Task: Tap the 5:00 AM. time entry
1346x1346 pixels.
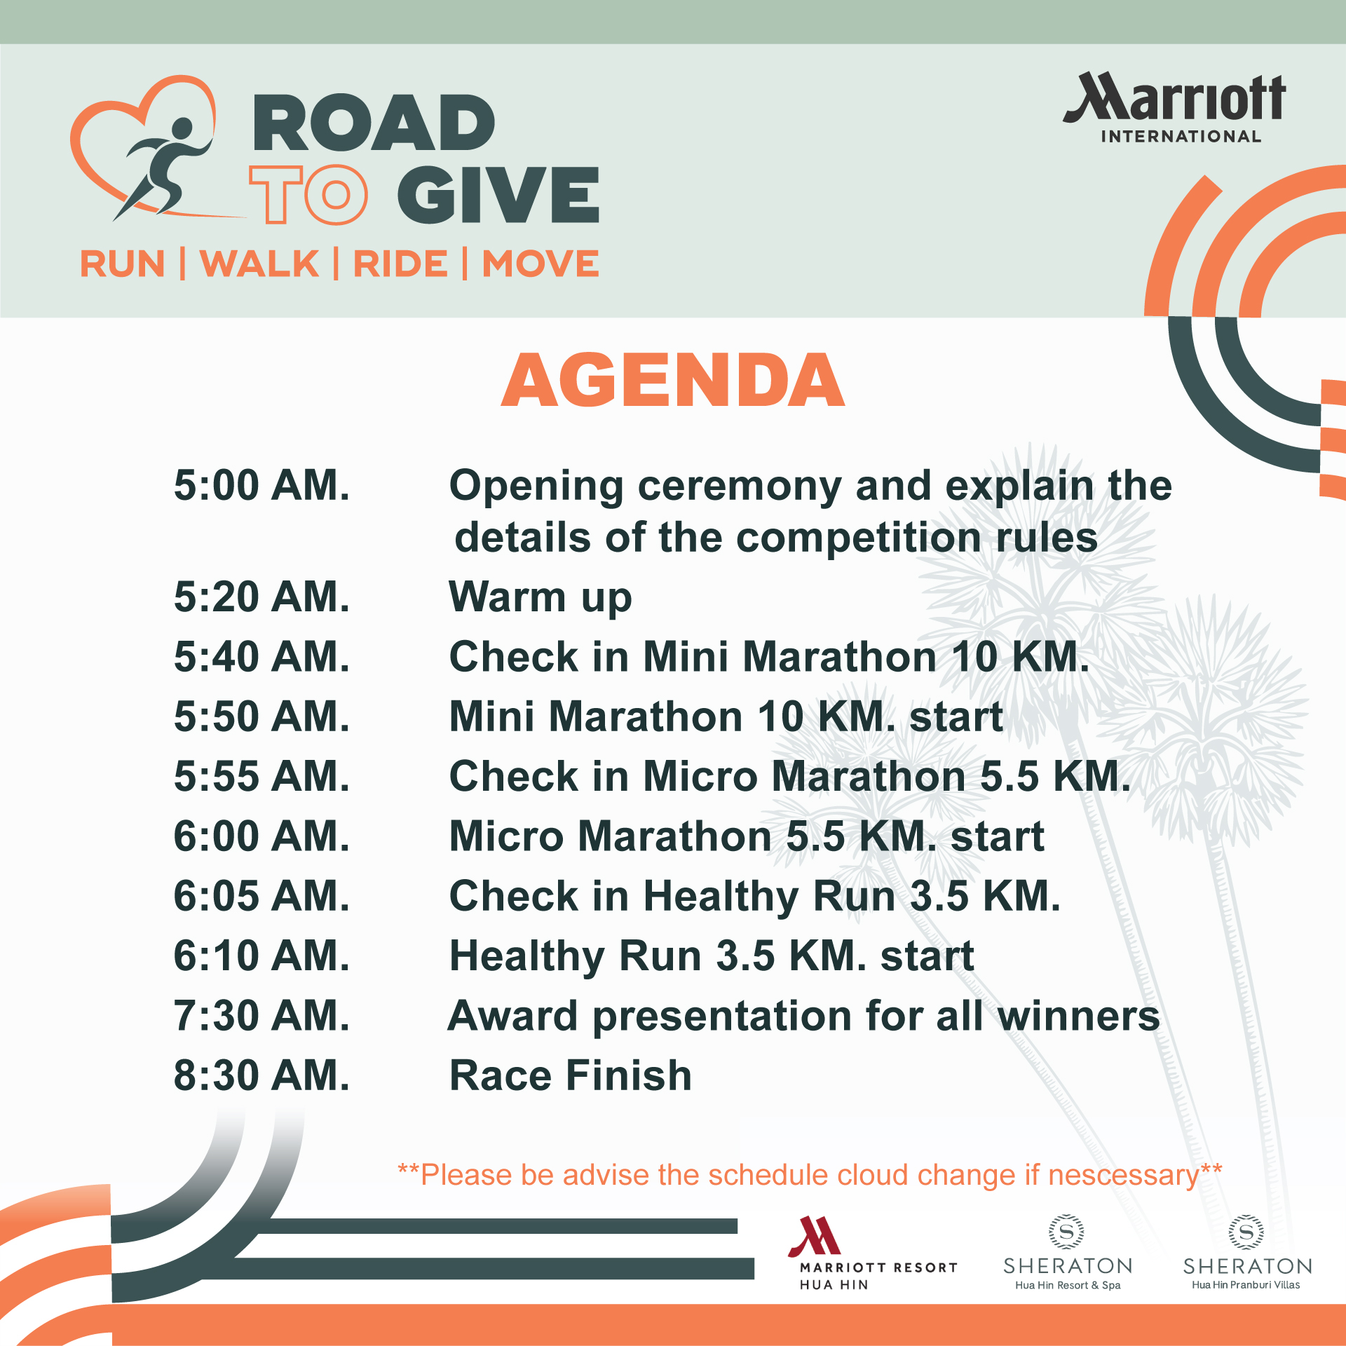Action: point(261,485)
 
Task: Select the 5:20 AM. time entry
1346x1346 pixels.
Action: point(261,597)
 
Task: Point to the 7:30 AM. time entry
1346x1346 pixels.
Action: point(261,1016)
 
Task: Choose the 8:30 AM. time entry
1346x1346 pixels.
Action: point(261,1075)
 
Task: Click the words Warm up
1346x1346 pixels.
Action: point(541,598)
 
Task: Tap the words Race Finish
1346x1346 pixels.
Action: point(571,1075)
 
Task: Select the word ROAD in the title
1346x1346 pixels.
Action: point(374,123)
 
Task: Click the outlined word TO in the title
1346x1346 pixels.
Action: point(308,195)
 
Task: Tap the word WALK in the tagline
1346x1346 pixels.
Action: point(259,264)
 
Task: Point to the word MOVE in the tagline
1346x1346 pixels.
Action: point(541,264)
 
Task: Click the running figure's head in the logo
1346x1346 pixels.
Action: point(182,129)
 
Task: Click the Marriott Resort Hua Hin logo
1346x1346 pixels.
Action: point(872,1254)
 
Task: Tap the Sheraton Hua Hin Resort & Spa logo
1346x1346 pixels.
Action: point(1068,1253)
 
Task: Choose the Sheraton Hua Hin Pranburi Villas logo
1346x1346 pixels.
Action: point(1247,1253)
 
